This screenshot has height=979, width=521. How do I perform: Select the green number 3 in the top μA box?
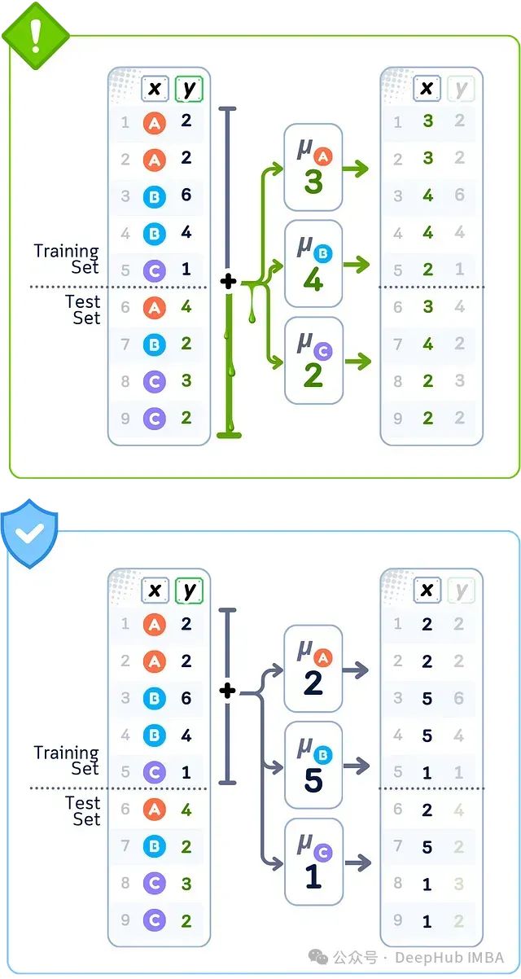[313, 182]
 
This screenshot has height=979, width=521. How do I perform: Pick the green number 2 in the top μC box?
[313, 374]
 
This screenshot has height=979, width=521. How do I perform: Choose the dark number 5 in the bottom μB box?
[313, 779]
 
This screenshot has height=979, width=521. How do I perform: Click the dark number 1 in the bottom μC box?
[313, 876]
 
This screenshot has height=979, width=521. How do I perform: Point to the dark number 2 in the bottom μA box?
[313, 683]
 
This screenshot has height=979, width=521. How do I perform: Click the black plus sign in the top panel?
[228, 282]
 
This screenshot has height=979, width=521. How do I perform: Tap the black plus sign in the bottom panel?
[228, 691]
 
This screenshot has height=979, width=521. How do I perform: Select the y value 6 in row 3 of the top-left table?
[186, 195]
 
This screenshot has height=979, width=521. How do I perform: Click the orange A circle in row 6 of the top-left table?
[154, 307]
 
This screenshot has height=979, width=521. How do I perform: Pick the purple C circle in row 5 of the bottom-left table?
[154, 771]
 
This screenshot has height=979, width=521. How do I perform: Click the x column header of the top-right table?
[427, 89]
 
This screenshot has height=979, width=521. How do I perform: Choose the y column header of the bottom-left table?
[189, 590]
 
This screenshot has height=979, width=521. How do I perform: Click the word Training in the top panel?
[66, 251]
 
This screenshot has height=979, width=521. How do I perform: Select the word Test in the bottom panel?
[83, 804]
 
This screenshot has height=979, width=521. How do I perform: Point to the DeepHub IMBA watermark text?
[450, 957]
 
